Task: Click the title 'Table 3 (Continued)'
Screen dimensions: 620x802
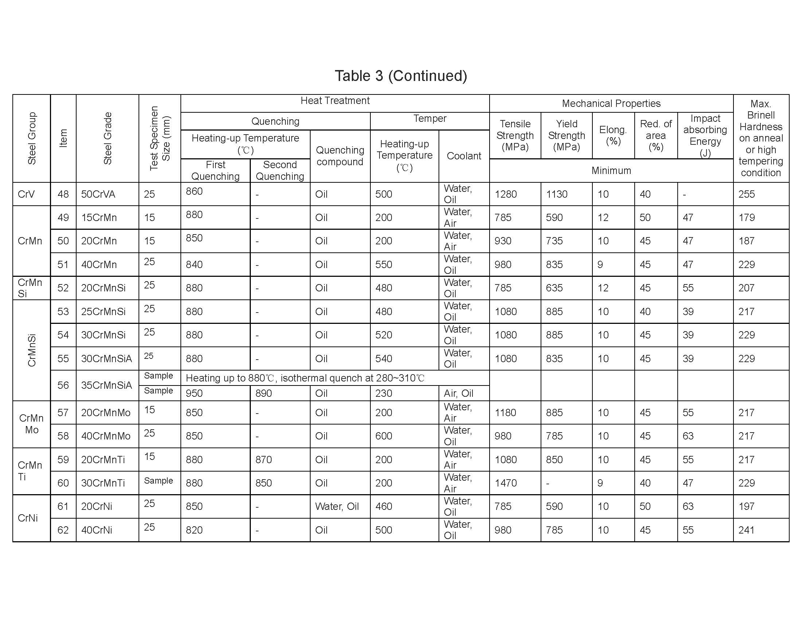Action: tap(401, 76)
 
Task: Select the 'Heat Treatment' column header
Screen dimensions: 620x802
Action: tap(335, 101)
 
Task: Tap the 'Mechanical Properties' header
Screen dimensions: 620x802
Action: tap(611, 104)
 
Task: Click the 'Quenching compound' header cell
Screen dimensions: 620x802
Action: tap(340, 156)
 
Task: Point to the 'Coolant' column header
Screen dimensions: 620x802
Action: tap(464, 156)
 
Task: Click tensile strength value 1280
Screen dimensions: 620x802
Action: tap(506, 194)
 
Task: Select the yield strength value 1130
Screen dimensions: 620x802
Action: tap(557, 194)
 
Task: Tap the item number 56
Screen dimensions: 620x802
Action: tap(63, 385)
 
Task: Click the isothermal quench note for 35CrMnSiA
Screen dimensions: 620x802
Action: tap(305, 378)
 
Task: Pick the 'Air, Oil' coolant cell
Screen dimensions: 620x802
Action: tap(458, 394)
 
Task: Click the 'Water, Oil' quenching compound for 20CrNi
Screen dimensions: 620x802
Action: tap(337, 507)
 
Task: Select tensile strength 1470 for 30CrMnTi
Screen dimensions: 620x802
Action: tap(506, 483)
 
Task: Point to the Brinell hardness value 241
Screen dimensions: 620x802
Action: tap(746, 530)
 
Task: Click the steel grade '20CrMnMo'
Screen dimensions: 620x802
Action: tap(106, 412)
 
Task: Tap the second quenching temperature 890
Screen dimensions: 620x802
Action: tap(264, 394)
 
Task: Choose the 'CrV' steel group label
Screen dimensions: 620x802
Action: tap(26, 194)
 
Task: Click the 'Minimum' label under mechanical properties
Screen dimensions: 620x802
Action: tap(611, 170)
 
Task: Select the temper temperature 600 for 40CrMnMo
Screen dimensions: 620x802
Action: tap(384, 436)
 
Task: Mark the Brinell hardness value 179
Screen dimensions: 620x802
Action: tap(746, 217)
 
